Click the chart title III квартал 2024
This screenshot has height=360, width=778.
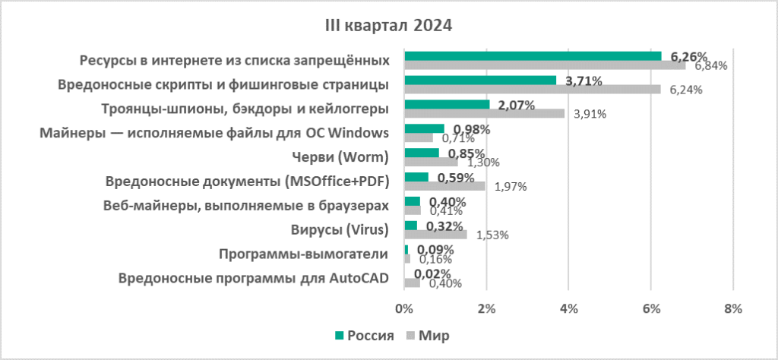387,26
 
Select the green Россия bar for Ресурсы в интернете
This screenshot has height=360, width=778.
532,55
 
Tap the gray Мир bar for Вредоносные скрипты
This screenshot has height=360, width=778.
532,90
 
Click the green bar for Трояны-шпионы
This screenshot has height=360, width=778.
447,104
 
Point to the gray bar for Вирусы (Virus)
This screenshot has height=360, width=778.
435,235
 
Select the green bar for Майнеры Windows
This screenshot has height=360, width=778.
424,128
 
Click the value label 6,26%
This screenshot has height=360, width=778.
689,56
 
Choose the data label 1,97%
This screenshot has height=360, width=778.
511,186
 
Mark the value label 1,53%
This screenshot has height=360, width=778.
492,235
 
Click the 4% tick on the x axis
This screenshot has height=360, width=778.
568,308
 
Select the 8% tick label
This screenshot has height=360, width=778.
732,308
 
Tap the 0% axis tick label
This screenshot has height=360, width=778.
404,308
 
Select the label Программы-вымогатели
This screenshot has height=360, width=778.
303,254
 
